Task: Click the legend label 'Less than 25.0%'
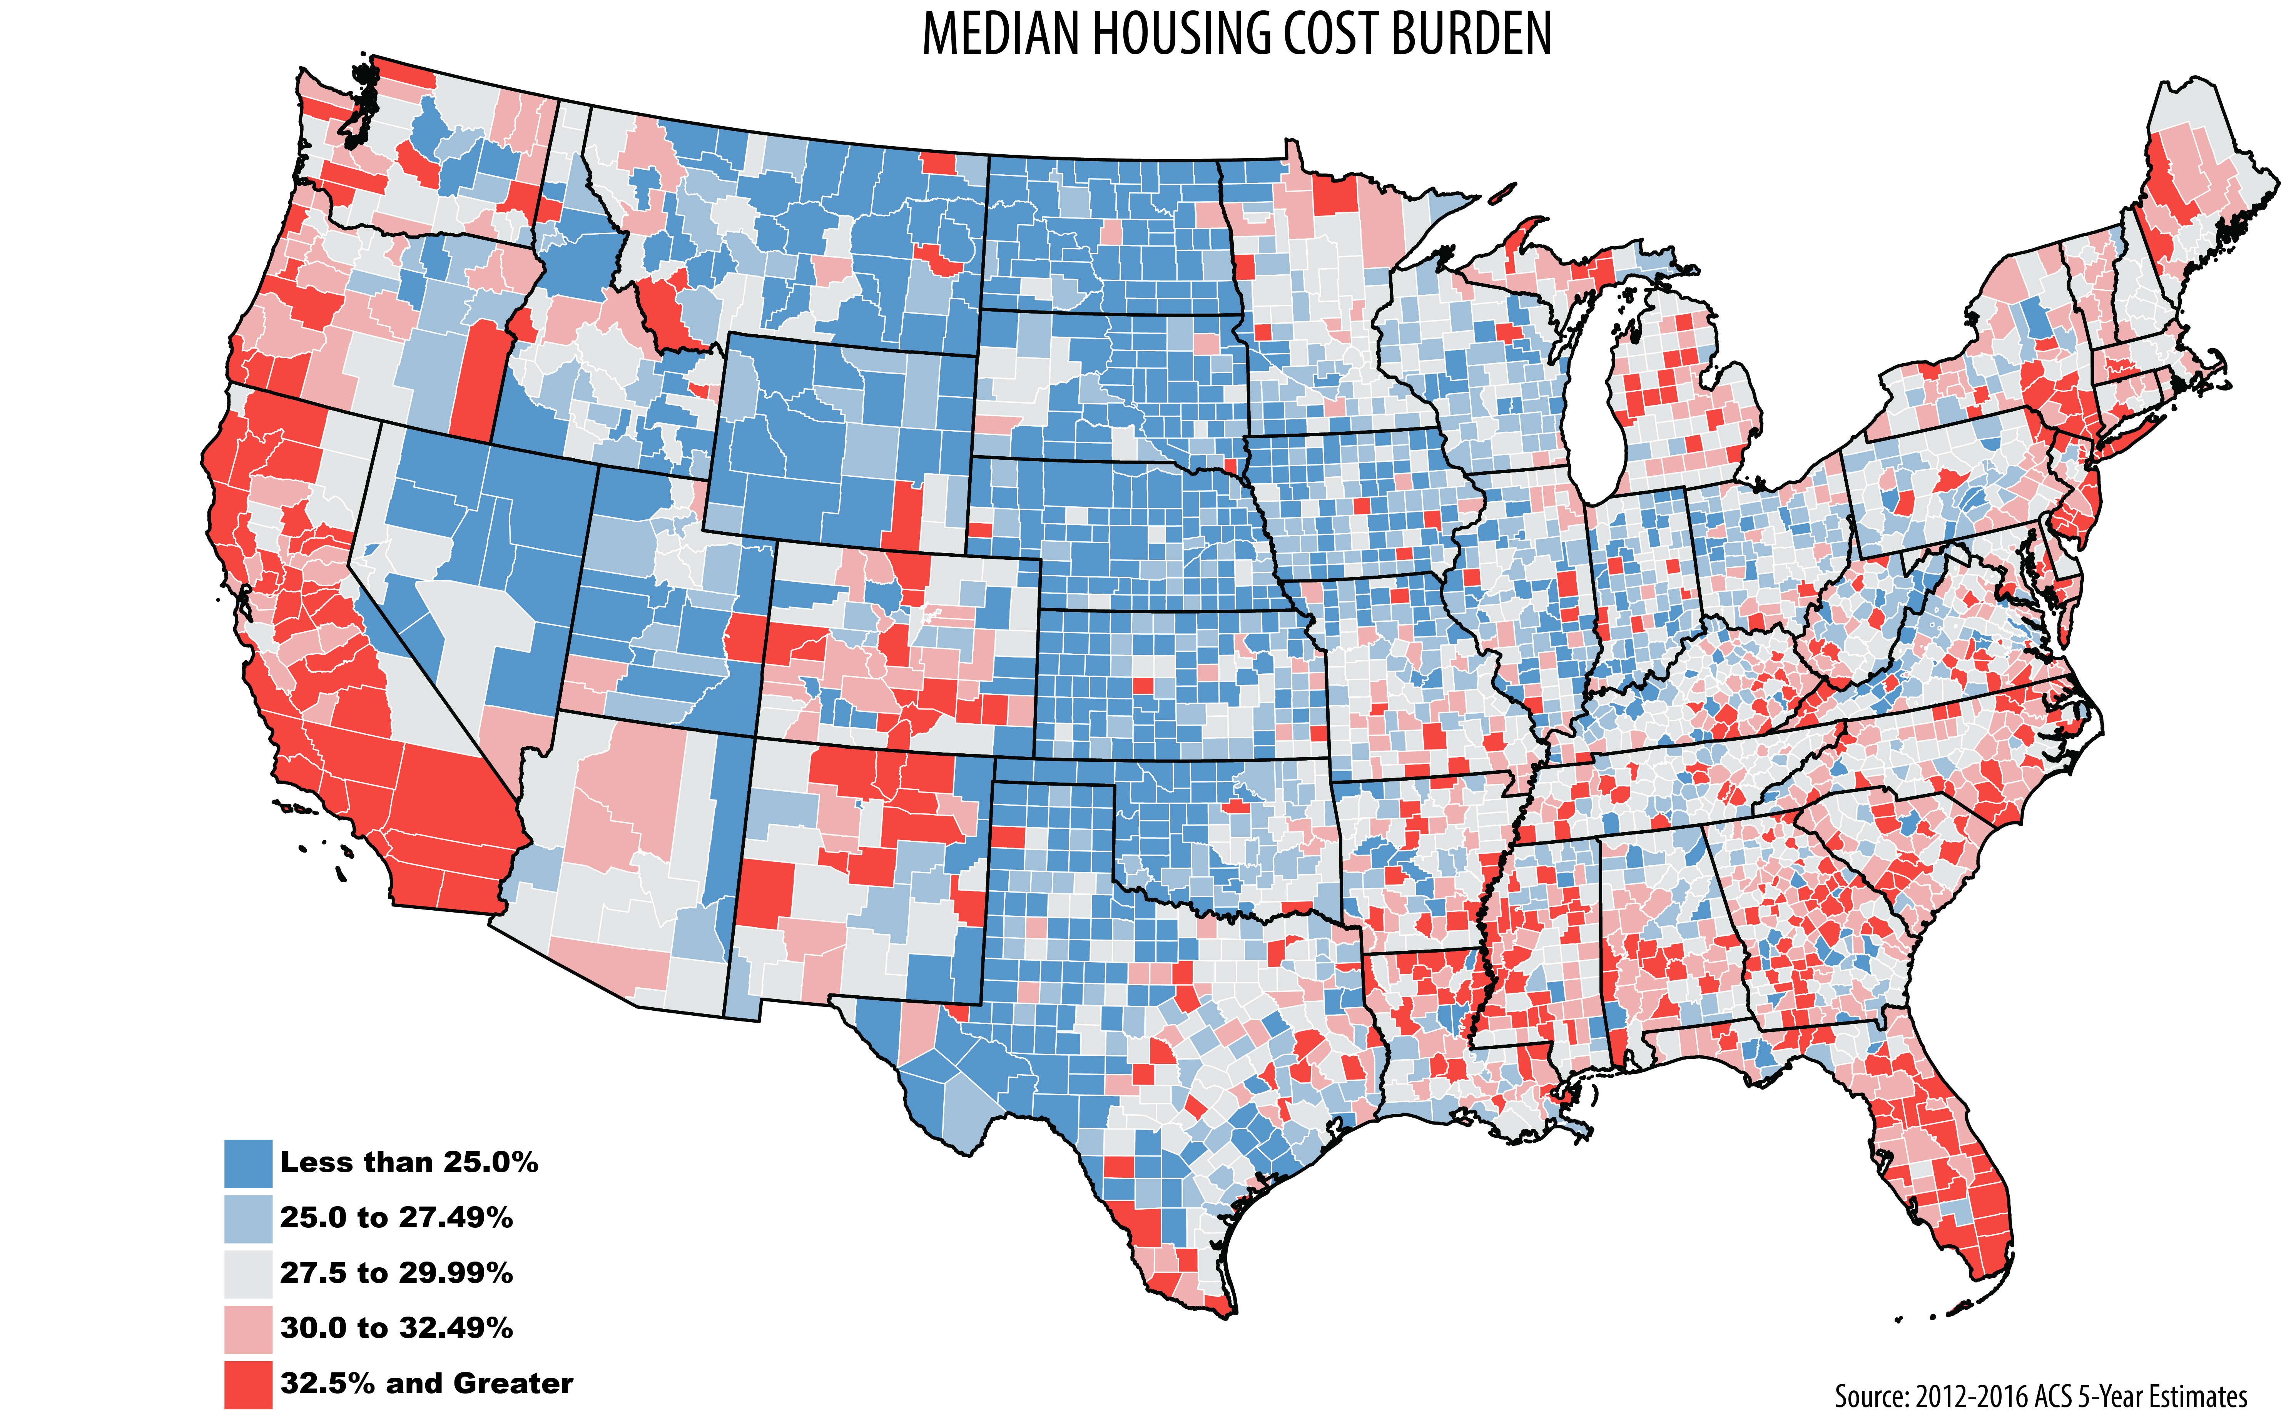409,1163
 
